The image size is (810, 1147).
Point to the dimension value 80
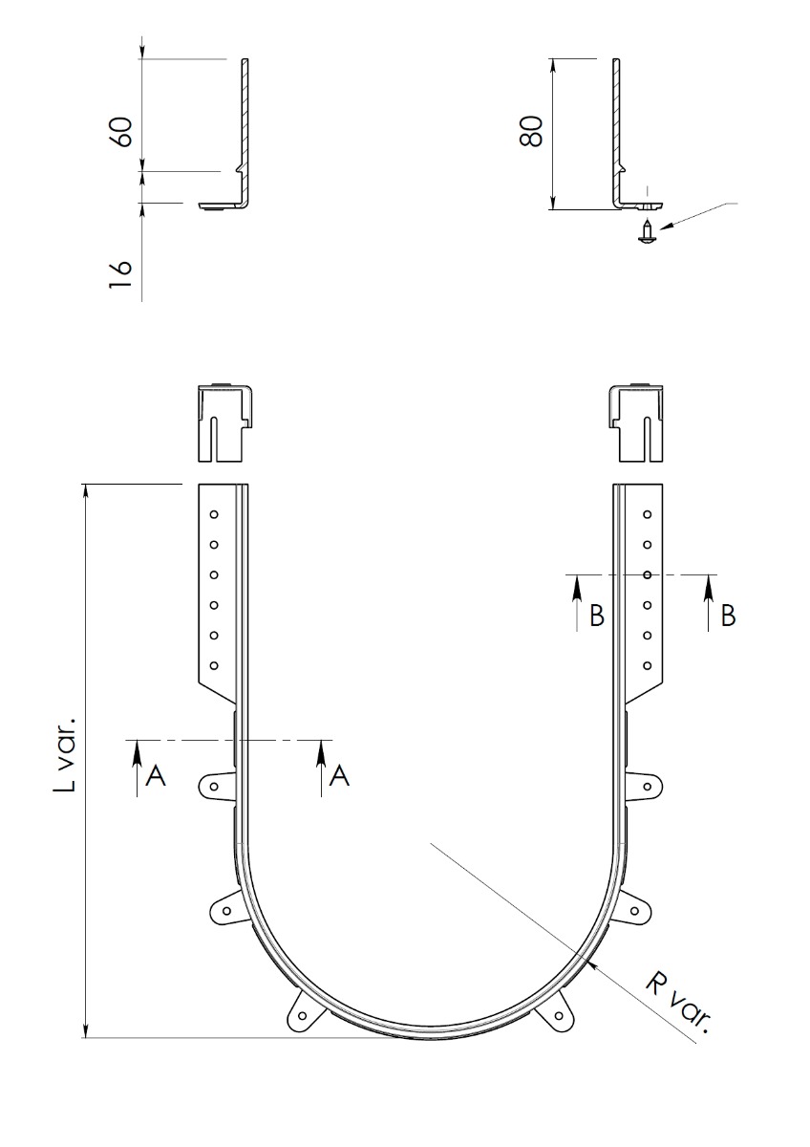(x=531, y=130)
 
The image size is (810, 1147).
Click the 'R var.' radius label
(x=678, y=1004)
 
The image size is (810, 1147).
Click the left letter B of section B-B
(x=597, y=617)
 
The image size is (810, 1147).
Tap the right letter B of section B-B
(x=728, y=617)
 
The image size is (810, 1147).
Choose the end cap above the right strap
(x=635, y=422)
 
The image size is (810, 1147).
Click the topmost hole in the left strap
(x=215, y=514)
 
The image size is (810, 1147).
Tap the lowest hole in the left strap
(x=215, y=665)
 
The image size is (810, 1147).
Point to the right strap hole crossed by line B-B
(x=647, y=574)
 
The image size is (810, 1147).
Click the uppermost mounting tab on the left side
(x=215, y=787)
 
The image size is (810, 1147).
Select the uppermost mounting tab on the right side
(x=646, y=788)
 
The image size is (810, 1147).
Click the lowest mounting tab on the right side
(x=559, y=1016)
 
